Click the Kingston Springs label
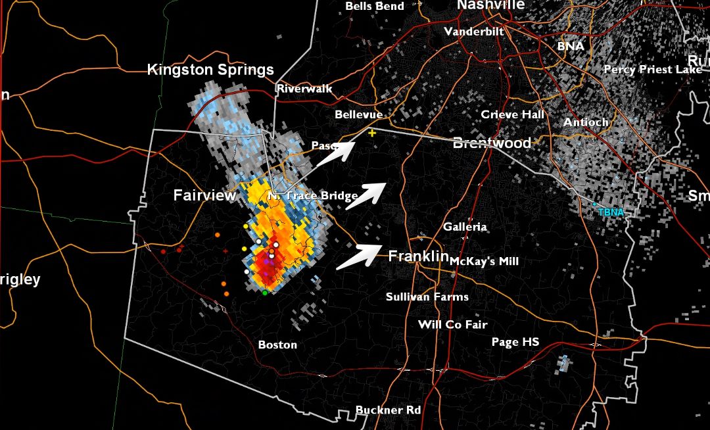[210, 70]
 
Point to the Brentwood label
[492, 143]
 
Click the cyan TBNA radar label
[610, 212]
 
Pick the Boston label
[277, 345]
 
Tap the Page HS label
[515, 342]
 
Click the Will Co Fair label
[452, 325]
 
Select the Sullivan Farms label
[427, 297]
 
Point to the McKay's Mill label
[485, 261]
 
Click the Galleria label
[465, 227]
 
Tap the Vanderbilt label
[474, 32]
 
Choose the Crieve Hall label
[513, 114]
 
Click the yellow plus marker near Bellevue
[372, 133]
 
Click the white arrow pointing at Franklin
[360, 256]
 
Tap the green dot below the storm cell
[265, 293]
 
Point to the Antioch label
[586, 122]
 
